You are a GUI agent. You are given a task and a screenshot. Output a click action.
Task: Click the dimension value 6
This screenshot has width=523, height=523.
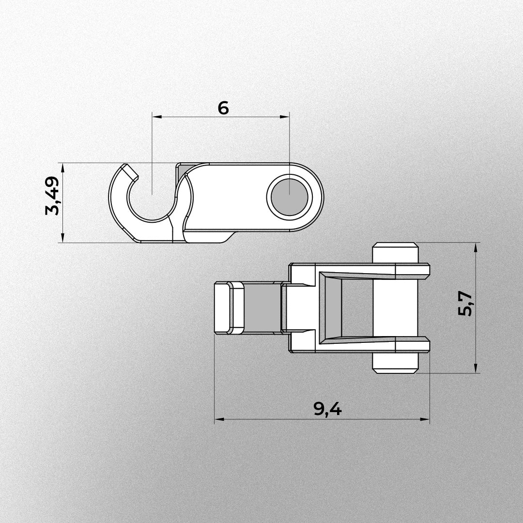coord(223,108)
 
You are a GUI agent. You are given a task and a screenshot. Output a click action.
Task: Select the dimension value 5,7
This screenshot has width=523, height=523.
coord(465,304)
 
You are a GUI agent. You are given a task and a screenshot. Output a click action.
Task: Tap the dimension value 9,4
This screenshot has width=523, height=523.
coord(327,410)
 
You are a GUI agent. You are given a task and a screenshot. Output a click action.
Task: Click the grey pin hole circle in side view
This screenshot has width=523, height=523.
coord(290,197)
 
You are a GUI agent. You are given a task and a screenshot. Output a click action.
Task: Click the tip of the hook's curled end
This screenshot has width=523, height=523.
coord(130,170)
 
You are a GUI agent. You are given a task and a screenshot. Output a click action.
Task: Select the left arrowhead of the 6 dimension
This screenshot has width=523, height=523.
coord(155,117)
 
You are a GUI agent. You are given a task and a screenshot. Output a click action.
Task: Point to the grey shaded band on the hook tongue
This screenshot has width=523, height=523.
coord(262,308)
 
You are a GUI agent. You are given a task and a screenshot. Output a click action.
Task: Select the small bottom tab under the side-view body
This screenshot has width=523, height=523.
coord(228,237)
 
